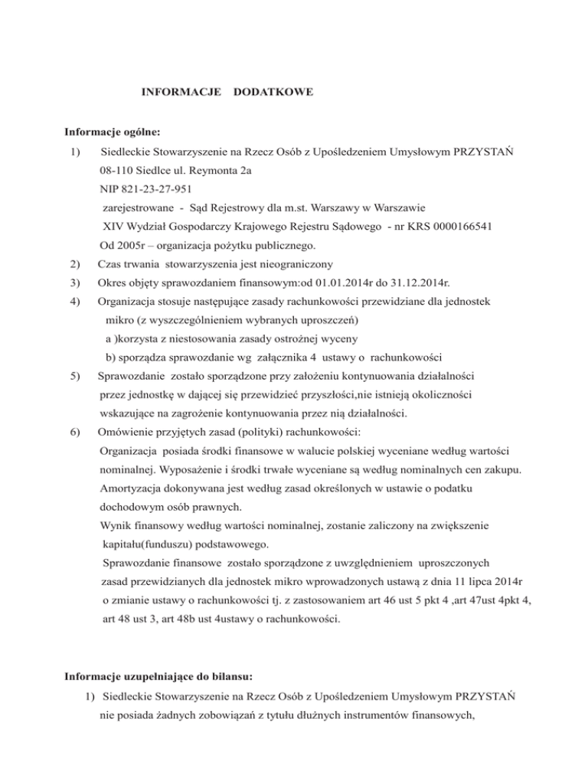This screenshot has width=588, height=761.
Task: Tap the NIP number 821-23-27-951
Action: [155, 188]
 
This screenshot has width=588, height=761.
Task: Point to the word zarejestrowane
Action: [139, 207]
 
